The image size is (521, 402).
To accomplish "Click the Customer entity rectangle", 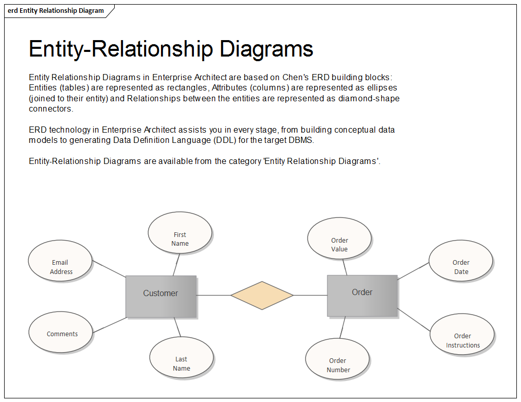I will [160, 296].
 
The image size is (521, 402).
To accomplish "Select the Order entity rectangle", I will [362, 295].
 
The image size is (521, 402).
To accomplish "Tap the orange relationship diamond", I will [262, 296].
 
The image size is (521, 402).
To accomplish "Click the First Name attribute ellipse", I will [180, 232].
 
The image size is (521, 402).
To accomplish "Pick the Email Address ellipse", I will [61, 261].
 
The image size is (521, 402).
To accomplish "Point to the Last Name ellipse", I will [181, 357].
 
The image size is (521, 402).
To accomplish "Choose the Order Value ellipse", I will [339, 239].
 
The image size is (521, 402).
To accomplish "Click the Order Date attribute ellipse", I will [460, 262].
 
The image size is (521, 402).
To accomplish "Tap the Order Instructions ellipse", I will [462, 334].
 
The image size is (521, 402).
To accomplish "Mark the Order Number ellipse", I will [337, 359].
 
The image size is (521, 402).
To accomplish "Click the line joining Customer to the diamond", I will [213, 296].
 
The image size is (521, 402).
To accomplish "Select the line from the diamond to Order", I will [310, 296].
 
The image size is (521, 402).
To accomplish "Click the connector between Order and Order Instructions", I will [414, 319].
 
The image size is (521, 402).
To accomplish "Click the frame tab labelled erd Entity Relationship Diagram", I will [56, 11].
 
